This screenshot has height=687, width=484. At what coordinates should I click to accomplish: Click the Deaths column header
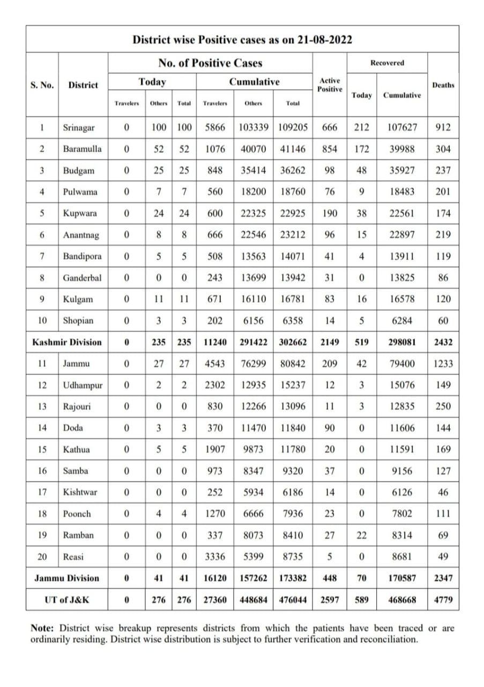pyautogui.click(x=443, y=85)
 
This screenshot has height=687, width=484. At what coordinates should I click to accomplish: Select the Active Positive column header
pyautogui.click(x=330, y=85)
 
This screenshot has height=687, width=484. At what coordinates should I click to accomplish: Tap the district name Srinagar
pyautogui.click(x=79, y=128)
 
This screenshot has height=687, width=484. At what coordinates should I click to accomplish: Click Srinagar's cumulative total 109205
pyautogui.click(x=293, y=128)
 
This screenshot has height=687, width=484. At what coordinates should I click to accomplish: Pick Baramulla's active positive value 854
pyautogui.click(x=330, y=149)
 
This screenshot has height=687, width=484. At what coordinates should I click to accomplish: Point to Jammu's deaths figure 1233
pyautogui.click(x=443, y=363)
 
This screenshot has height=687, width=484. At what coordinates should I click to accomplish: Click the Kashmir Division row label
pyautogui.click(x=66, y=342)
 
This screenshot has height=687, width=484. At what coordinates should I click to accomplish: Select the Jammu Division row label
pyautogui.click(x=66, y=578)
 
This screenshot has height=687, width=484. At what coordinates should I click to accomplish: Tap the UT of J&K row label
pyautogui.click(x=66, y=600)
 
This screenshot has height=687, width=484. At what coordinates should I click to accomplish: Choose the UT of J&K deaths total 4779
pyautogui.click(x=443, y=600)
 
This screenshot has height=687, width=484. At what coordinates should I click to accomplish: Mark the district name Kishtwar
pyautogui.click(x=80, y=492)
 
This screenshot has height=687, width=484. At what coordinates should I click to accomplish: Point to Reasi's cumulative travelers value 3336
pyautogui.click(x=215, y=557)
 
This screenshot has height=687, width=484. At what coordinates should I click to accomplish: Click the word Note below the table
pyautogui.click(x=42, y=628)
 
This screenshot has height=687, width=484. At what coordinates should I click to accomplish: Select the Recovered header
pyautogui.click(x=387, y=63)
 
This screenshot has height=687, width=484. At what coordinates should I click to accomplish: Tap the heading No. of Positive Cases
pyautogui.click(x=210, y=63)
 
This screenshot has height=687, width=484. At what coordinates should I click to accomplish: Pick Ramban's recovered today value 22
pyautogui.click(x=362, y=535)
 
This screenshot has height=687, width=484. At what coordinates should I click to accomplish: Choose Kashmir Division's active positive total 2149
pyautogui.click(x=330, y=342)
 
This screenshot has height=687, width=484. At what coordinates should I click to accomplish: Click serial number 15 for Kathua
pyautogui.click(x=42, y=449)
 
